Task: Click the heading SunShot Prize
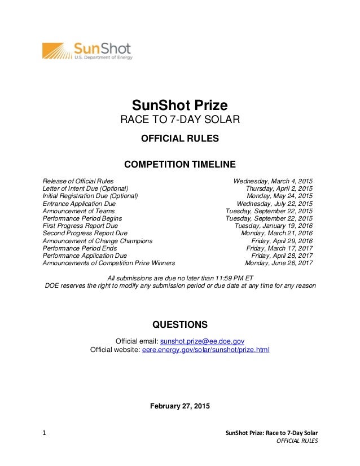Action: coord(179,105)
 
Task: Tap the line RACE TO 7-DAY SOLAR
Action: coord(179,120)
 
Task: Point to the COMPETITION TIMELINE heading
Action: coord(179,165)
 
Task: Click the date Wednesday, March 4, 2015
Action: coord(273,181)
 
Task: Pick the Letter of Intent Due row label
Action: coord(86,188)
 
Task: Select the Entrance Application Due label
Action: coord(79,203)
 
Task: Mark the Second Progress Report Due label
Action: coord(85,233)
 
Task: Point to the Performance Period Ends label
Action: coord(80,248)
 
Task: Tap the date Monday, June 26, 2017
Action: coord(279,262)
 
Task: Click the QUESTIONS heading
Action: coord(179,324)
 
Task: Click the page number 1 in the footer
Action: coord(44,433)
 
